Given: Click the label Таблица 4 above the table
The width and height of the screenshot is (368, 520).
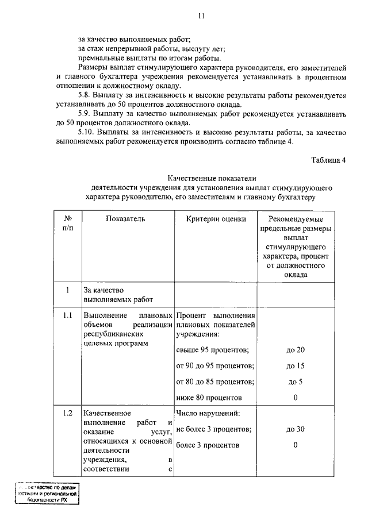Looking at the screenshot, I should pos(328,160).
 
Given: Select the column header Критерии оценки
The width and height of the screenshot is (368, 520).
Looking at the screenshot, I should pos(216,218).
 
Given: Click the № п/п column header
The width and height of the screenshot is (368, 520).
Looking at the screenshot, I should pos(67,224).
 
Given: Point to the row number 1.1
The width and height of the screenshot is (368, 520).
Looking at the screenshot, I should pos(67,316).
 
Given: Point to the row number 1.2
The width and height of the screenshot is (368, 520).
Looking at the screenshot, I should pos(67,413).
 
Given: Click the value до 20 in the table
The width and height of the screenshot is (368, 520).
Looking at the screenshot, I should pos(295,350).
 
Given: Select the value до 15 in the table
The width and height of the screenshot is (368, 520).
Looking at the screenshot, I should pos(295,366).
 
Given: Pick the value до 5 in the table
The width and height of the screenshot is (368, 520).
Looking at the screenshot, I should pos(295,382).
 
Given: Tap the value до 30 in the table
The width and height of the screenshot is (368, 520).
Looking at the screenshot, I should pos(295,429).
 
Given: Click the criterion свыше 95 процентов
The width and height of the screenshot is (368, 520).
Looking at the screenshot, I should pos(213,350).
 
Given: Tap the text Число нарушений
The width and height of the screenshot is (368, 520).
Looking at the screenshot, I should pos(208,413).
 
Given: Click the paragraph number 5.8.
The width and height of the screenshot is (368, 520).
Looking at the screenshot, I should pos(85,94).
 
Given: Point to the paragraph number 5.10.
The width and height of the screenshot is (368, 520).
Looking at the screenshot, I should pos(87,133).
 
